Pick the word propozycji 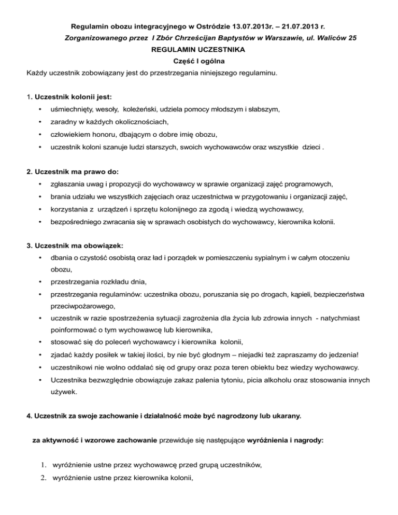pos(127,184)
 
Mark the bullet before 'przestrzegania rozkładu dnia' pos(40,282)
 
